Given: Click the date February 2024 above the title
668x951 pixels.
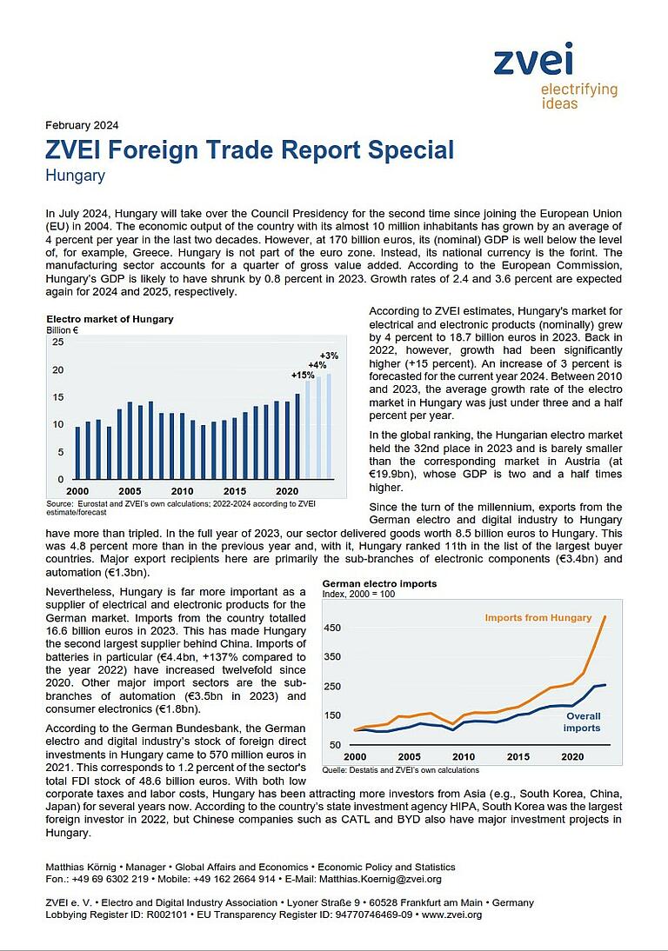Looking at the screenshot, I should tap(82, 124).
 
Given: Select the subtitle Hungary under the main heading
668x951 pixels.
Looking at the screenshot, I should tap(75, 176).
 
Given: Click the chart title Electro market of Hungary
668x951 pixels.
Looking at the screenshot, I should tap(110, 319).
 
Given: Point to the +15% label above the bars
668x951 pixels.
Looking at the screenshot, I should tap(303, 375).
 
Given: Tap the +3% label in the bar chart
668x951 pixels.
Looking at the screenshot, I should tap(329, 356).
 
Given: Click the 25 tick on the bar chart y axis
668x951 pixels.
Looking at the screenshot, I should tap(57, 342).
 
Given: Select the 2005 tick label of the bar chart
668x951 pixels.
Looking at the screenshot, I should tap(130, 491).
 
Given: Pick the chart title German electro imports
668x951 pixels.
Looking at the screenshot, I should tap(379, 584).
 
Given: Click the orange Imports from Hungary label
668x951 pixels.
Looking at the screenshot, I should tap(538, 618).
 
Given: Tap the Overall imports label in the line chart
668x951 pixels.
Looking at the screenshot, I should tap(582, 722).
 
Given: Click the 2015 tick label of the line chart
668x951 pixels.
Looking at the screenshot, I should tap(517, 757).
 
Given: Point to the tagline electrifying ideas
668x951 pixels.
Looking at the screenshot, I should tap(578, 96).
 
